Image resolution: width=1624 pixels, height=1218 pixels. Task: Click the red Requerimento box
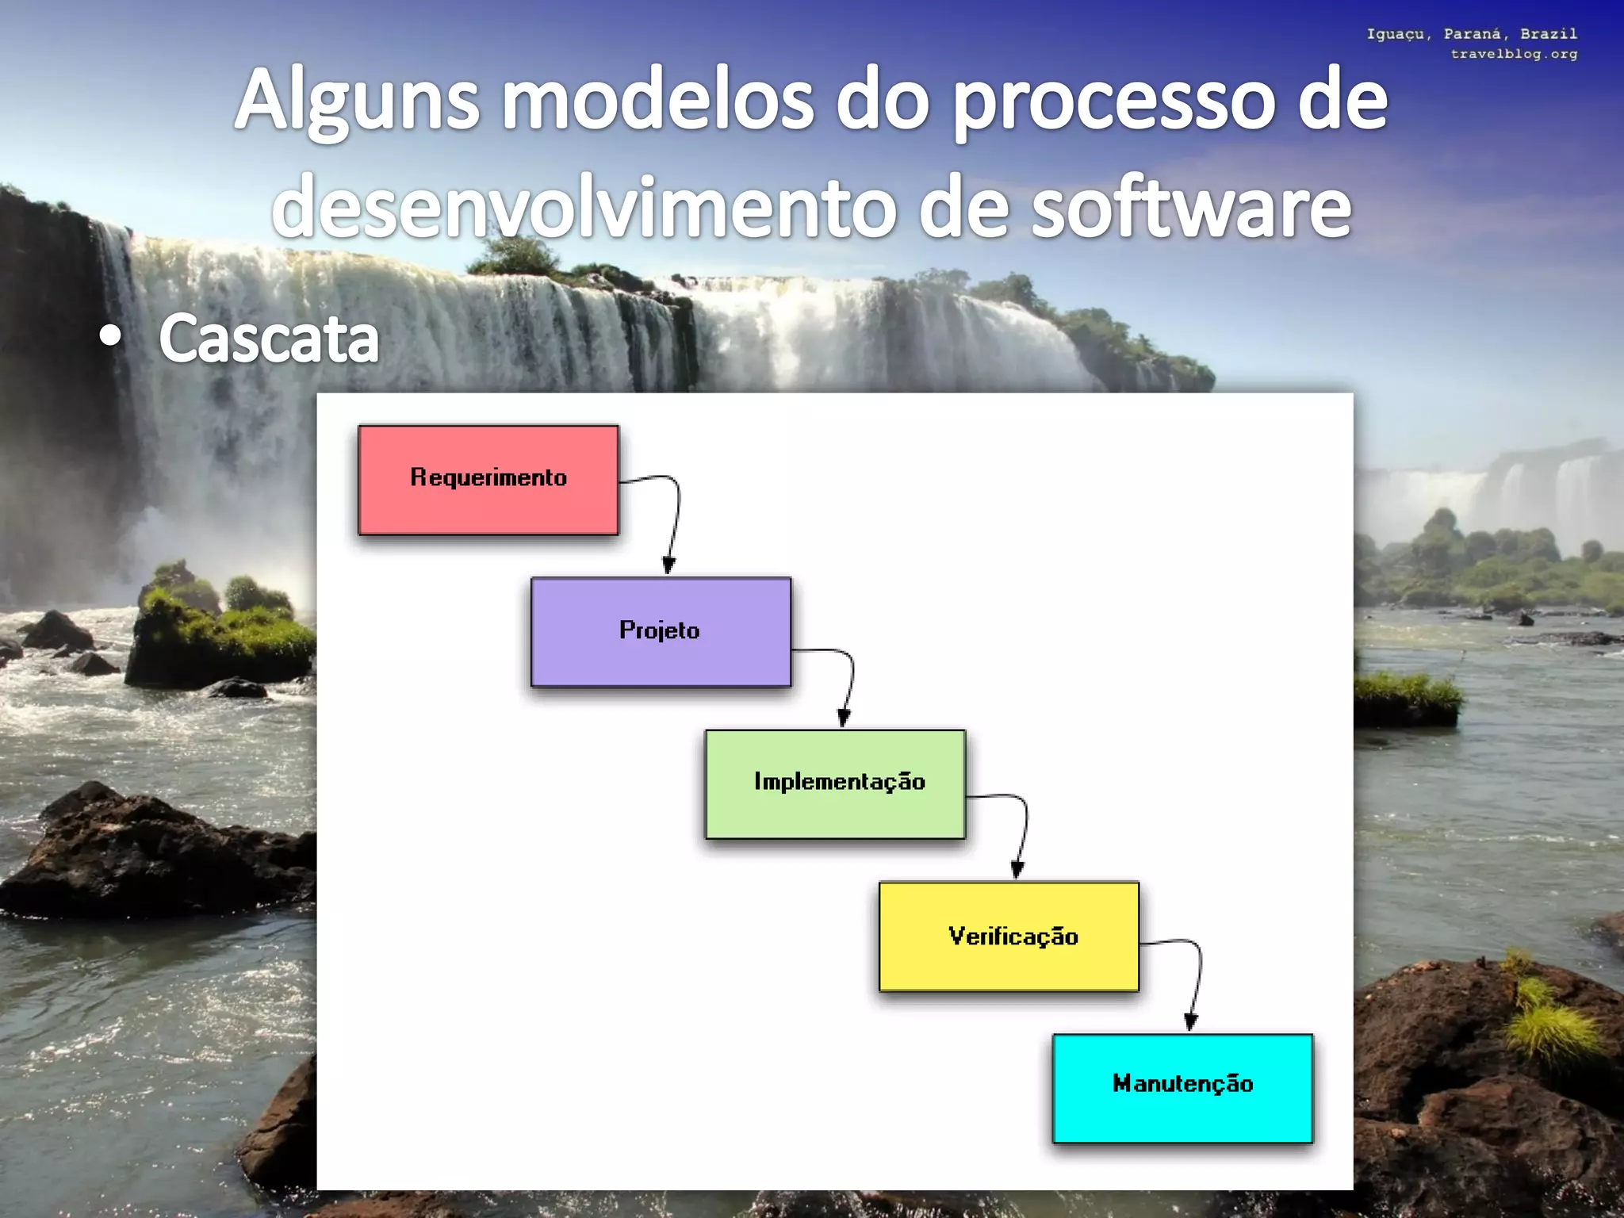coord(488,480)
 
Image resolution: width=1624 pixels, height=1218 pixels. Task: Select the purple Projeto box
coord(661,631)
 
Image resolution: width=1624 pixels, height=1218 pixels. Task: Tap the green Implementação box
coord(835,783)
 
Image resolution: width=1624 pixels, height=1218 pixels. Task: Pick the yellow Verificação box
coord(1009,936)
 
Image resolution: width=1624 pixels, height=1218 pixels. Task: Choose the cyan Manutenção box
coord(1182,1088)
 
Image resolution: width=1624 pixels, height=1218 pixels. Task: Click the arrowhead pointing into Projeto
coord(669,566)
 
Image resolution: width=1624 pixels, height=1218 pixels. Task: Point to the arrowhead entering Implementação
coord(844,718)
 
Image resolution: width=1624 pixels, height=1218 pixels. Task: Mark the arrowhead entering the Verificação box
coord(1017,870)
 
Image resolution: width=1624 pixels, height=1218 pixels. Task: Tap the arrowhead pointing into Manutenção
coord(1190,1022)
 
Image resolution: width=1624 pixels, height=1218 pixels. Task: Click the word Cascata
coord(269,339)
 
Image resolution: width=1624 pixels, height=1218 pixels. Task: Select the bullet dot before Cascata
coord(111,337)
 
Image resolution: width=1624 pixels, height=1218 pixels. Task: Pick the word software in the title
coord(1190,208)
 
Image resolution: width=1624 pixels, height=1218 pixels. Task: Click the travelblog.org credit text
coord(1514,54)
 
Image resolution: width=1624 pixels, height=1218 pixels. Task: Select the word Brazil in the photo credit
coord(1549,34)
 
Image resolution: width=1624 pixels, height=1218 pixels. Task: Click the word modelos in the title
coord(658,101)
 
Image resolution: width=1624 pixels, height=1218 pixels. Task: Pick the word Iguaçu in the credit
coord(1398,34)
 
